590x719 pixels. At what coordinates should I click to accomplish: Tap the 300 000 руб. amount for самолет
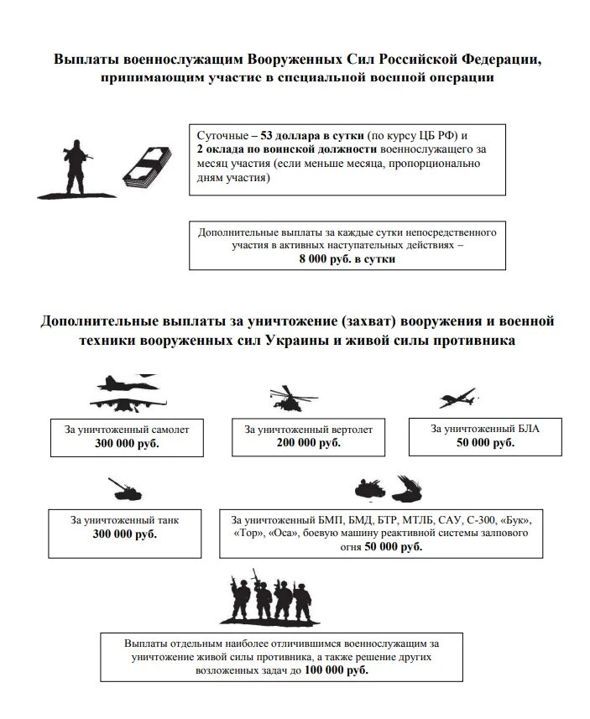point(127,444)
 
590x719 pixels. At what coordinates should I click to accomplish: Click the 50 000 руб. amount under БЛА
point(485,442)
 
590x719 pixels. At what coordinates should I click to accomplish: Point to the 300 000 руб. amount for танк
point(125,534)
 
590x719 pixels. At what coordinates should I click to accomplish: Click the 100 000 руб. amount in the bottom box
point(336,671)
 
